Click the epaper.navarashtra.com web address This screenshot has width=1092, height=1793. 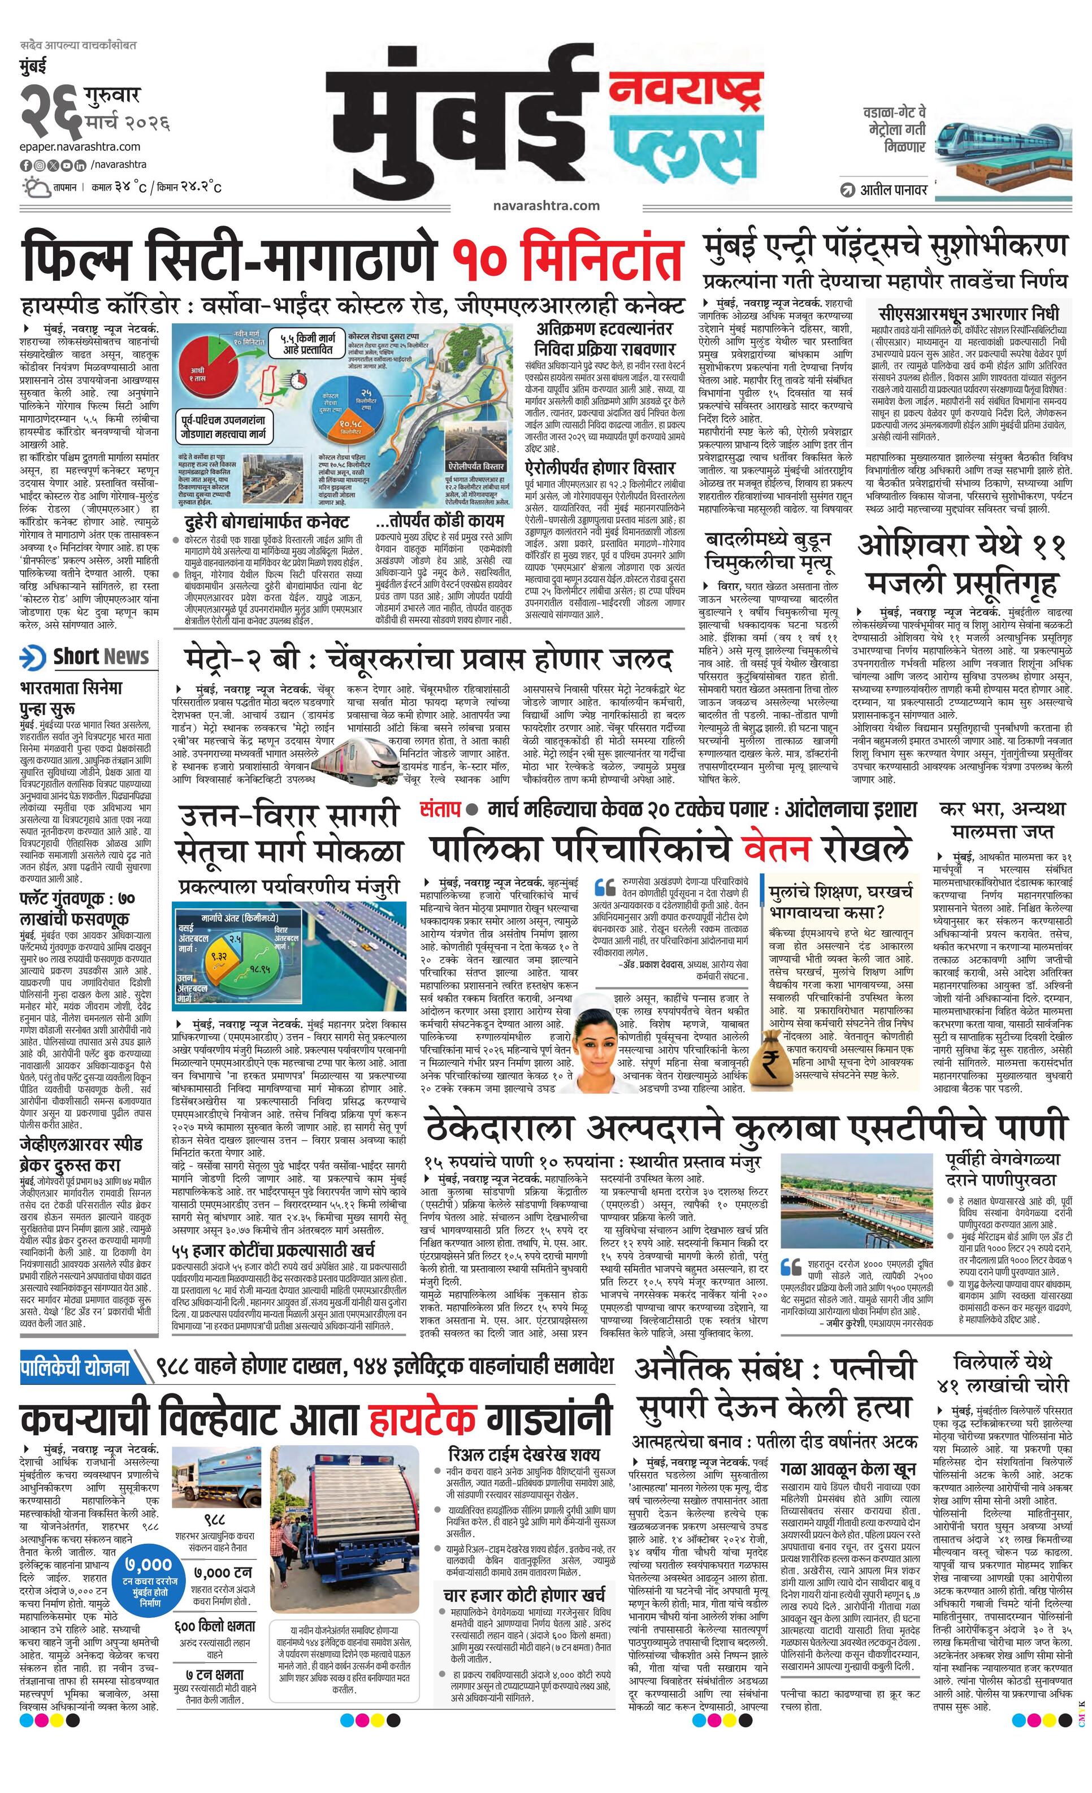tap(80, 147)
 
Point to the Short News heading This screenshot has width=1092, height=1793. tap(101, 656)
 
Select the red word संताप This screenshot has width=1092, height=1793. tap(440, 808)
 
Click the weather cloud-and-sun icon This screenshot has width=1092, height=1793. tap(35, 188)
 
